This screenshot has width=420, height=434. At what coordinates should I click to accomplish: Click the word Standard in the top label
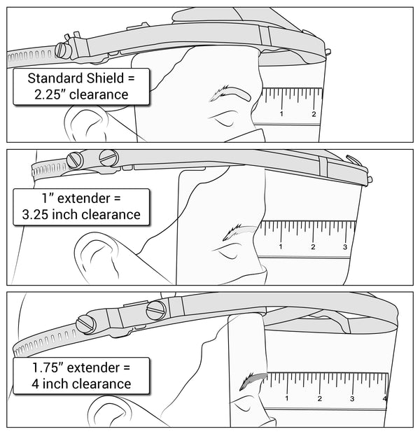pyautogui.click(x=55, y=78)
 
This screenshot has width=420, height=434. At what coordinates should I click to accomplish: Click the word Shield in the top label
pyautogui.click(x=105, y=78)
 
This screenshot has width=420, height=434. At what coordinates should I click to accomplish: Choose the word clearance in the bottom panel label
pyautogui.click(x=94, y=383)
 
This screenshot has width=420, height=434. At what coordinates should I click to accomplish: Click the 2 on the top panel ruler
pyautogui.click(x=313, y=114)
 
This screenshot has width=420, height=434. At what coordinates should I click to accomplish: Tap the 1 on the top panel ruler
pyautogui.click(x=281, y=114)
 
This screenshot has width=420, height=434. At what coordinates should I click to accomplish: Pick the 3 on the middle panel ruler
pyautogui.click(x=345, y=246)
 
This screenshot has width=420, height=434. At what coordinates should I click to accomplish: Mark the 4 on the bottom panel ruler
pyautogui.click(x=384, y=399)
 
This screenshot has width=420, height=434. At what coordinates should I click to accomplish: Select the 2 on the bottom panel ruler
pyautogui.click(x=319, y=399)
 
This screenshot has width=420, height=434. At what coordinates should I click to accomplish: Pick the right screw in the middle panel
pyautogui.click(x=108, y=158)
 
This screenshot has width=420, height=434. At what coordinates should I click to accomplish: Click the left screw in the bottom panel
pyautogui.click(x=87, y=324)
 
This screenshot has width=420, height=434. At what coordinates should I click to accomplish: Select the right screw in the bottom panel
pyautogui.click(x=155, y=309)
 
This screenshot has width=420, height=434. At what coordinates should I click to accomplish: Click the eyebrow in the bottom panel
pyautogui.click(x=254, y=379)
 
